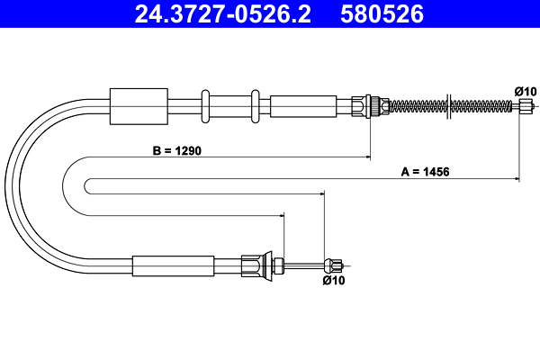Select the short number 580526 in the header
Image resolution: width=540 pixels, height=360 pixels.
pos(381,13)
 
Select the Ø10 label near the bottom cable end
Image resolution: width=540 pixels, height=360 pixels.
pos(333,280)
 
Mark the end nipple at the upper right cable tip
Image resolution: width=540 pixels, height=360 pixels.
pos(526,105)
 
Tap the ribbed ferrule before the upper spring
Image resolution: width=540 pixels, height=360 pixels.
pos(364,105)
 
